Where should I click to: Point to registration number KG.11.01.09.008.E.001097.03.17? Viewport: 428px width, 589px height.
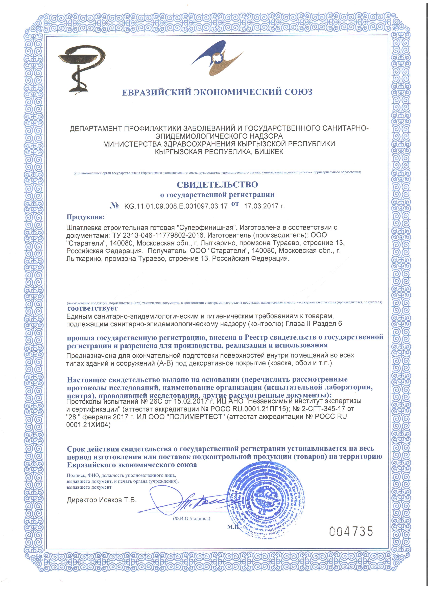click(176, 206)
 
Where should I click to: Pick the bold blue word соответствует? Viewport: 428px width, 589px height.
click(92, 308)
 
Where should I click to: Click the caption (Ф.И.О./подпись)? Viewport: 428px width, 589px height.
click(192, 518)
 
